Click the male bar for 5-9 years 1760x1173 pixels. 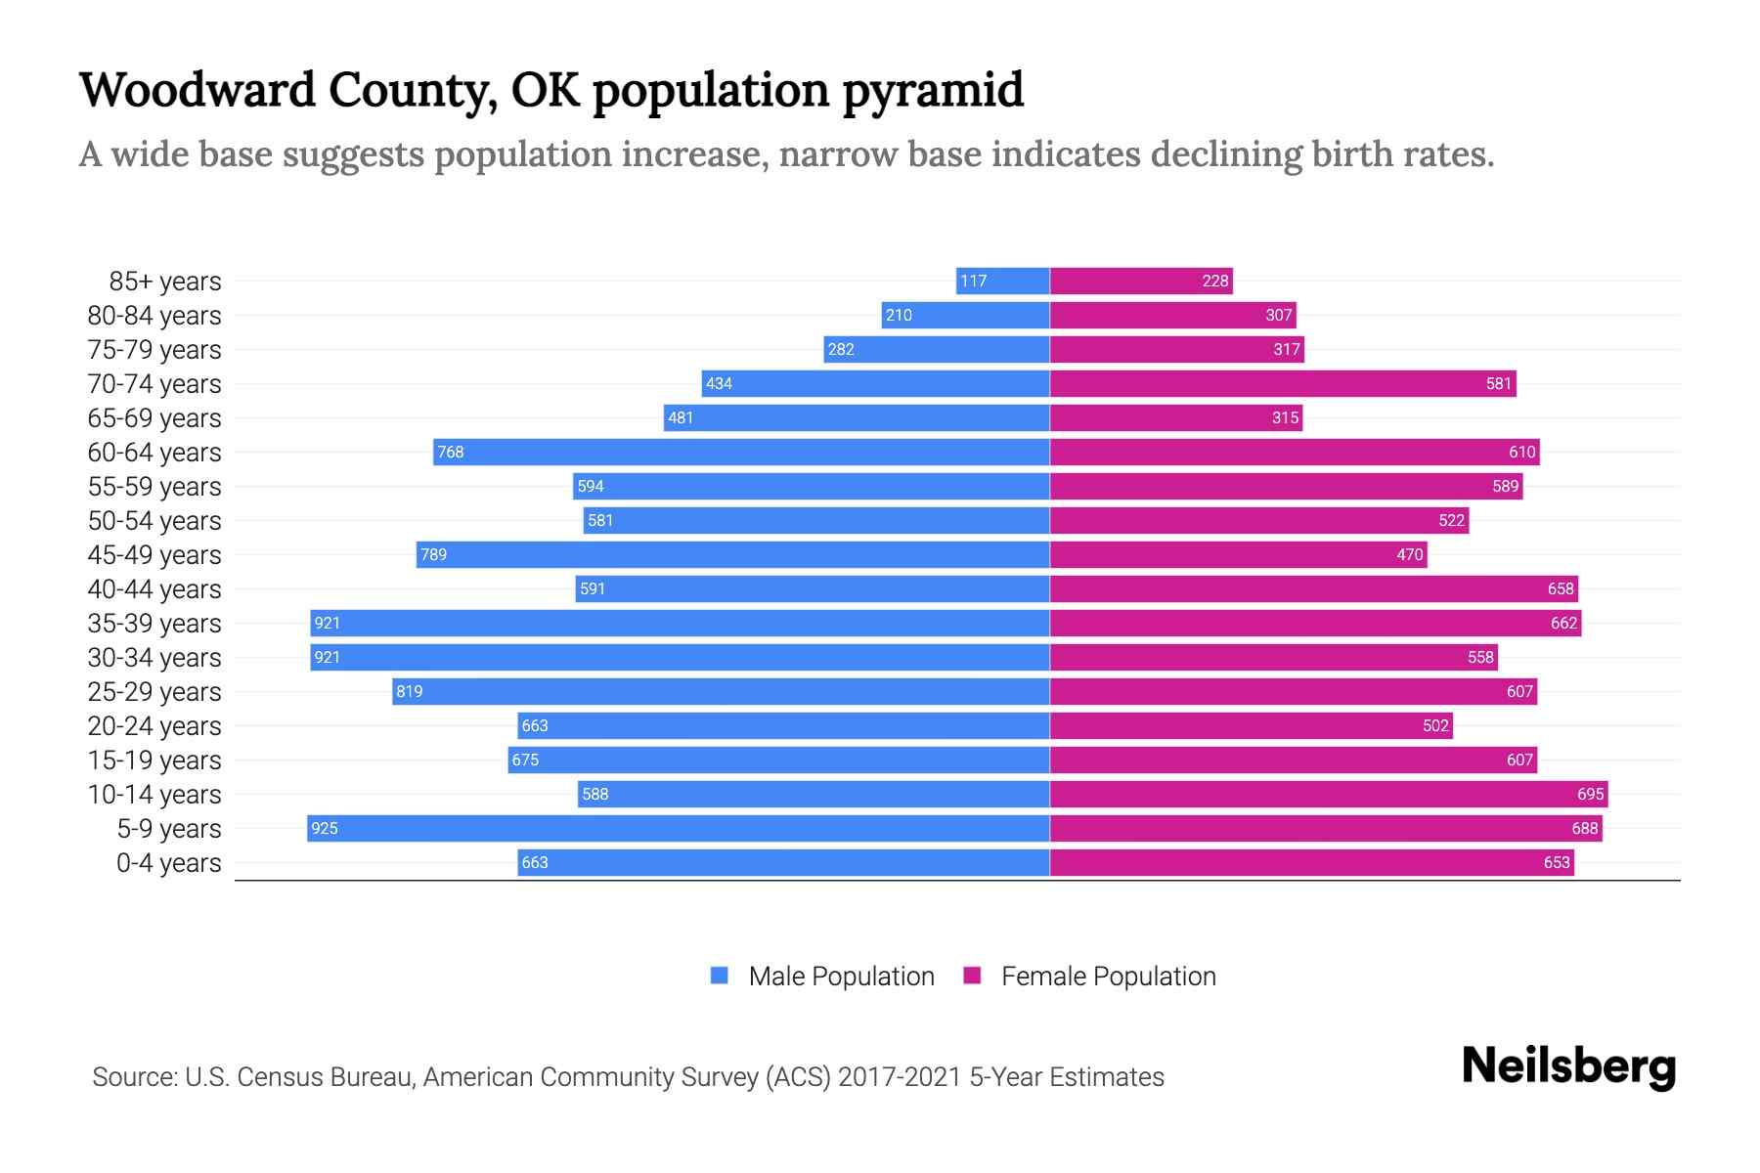click(x=678, y=828)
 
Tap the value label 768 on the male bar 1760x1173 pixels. click(x=451, y=452)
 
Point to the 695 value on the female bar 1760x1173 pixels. click(x=1590, y=794)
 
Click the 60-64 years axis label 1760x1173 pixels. click(x=154, y=452)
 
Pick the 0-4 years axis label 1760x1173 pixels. click(x=168, y=862)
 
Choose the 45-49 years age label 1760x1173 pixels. click(x=154, y=554)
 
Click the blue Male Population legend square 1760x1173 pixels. click(x=720, y=976)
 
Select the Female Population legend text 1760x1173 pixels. click(x=1108, y=976)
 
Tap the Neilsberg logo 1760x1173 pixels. click(x=1568, y=1066)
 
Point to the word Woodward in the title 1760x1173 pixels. click(x=197, y=90)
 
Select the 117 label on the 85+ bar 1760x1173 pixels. click(x=973, y=281)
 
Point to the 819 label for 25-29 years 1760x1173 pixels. click(x=409, y=691)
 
